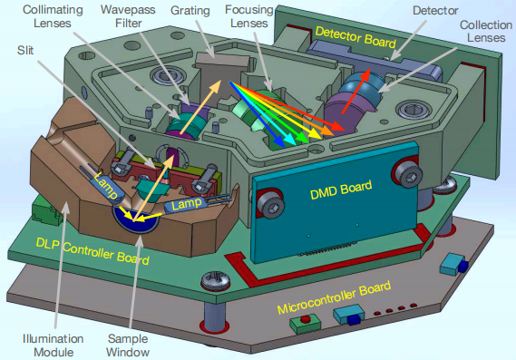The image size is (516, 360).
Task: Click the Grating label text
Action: (x=190, y=11)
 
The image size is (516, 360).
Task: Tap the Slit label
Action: (x=25, y=51)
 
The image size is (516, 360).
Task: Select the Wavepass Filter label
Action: (x=128, y=16)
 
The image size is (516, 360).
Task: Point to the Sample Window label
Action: (x=128, y=345)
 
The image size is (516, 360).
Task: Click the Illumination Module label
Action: (x=53, y=345)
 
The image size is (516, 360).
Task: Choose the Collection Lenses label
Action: (x=486, y=31)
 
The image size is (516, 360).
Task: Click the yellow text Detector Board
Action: (x=355, y=37)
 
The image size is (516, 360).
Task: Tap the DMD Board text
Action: (x=341, y=190)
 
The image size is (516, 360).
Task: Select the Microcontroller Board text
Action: (x=334, y=297)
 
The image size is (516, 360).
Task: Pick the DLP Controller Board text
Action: (x=92, y=251)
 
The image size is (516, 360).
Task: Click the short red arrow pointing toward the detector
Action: (x=356, y=92)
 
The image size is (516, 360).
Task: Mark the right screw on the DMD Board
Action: (x=407, y=171)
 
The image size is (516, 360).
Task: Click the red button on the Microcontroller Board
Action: (x=306, y=319)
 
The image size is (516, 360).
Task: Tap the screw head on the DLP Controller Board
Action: (x=216, y=279)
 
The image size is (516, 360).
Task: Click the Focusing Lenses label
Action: (x=249, y=16)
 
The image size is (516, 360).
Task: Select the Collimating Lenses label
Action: (x=53, y=16)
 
